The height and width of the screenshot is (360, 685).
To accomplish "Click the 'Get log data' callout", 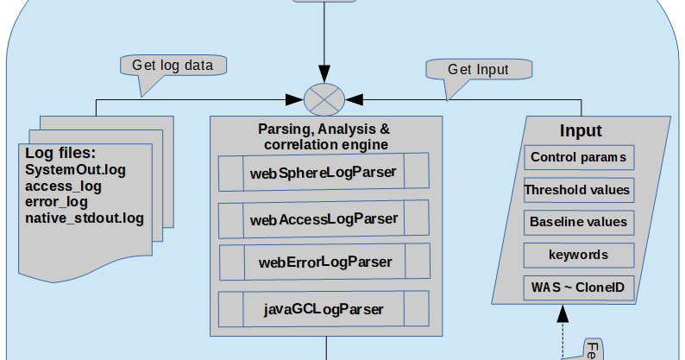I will click(x=179, y=66).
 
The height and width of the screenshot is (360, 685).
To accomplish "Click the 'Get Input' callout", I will click(x=478, y=70).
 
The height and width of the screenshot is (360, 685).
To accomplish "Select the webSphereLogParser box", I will click(x=324, y=172).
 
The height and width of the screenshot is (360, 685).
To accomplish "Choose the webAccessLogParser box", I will click(x=324, y=219).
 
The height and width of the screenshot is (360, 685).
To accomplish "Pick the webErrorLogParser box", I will click(x=324, y=261).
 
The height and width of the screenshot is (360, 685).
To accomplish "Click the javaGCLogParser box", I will click(x=324, y=308).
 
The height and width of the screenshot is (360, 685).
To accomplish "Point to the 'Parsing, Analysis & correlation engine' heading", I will click(x=324, y=136).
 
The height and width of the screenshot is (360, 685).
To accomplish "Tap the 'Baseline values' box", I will click(x=578, y=222).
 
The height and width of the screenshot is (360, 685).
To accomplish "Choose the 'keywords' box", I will click(x=578, y=255).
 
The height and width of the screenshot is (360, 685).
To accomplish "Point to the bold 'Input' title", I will click(x=581, y=131).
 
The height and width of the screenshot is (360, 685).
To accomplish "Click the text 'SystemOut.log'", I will click(x=76, y=170).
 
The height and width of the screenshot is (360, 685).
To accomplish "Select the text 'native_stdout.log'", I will click(x=85, y=218).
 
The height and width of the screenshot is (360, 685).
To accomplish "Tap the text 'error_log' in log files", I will click(x=57, y=202).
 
